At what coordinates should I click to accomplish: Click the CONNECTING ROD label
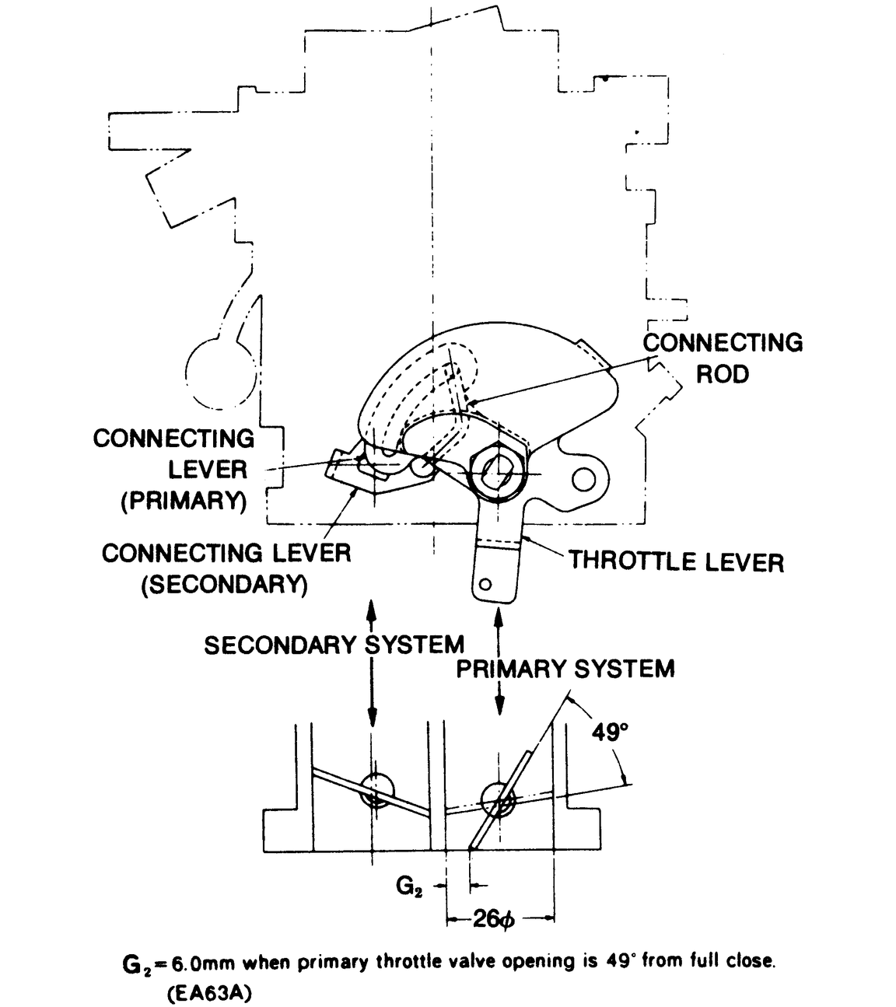(x=723, y=358)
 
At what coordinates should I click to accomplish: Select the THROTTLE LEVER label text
(x=676, y=561)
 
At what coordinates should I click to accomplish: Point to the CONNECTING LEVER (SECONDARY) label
(x=226, y=568)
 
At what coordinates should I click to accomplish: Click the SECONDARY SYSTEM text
(x=334, y=645)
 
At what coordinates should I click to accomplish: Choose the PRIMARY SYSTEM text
(x=565, y=669)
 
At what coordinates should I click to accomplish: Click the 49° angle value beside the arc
(x=609, y=733)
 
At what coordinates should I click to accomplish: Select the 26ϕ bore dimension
(x=494, y=920)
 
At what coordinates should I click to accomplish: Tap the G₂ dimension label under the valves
(x=409, y=886)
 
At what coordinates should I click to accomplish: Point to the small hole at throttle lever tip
(x=486, y=584)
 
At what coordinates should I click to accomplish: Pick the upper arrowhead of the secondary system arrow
(x=372, y=609)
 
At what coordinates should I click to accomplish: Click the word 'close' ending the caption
(x=752, y=962)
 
